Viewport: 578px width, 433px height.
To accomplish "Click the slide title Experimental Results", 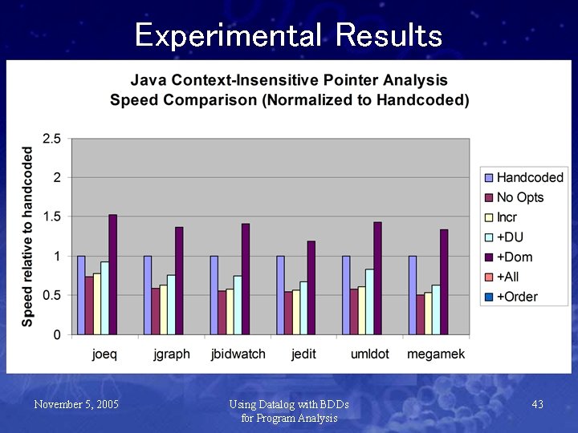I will [x=288, y=35].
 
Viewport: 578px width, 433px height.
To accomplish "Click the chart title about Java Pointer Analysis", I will [x=289, y=90].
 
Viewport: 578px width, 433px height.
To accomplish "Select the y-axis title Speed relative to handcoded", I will [x=28, y=236].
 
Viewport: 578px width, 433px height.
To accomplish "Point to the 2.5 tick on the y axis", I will [x=51, y=139].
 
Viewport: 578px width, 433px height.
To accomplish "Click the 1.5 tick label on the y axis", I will [x=51, y=216].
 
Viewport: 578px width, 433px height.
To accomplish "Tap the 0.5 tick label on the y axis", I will [x=51, y=295].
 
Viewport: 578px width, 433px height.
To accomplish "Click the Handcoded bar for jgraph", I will [x=148, y=294].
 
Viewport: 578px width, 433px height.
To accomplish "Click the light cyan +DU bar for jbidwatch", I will [x=238, y=305].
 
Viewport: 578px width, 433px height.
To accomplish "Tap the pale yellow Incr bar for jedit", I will [x=296, y=312].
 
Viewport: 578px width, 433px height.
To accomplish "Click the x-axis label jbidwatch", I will [x=238, y=354].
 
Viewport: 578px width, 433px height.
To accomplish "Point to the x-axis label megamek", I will [x=436, y=354].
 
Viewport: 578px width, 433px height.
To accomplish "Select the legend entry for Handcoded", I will [x=529, y=177].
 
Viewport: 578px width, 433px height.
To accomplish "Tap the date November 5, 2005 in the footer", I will [x=76, y=404].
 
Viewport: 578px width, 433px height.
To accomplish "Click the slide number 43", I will [x=537, y=404].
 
